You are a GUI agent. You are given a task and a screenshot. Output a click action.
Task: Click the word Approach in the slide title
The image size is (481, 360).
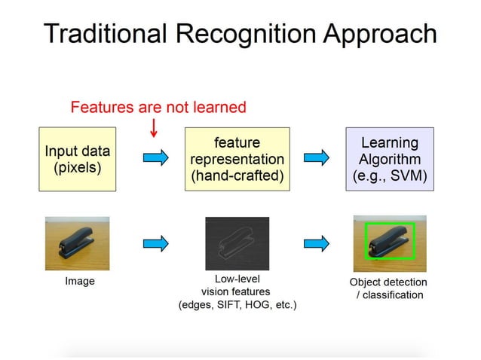point(377,34)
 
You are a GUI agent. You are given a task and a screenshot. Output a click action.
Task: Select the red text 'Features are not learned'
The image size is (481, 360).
point(158,107)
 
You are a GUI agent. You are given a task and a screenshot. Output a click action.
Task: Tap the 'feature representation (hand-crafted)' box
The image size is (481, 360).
point(237,159)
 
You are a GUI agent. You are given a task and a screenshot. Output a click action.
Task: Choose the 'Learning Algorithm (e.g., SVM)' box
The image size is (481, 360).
point(390,158)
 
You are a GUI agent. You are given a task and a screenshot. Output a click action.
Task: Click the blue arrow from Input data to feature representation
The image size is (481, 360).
point(155,157)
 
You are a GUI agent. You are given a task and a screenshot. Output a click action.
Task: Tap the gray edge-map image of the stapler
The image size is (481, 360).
point(237,243)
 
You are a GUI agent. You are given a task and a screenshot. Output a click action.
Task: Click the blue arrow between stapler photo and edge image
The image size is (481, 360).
point(155,243)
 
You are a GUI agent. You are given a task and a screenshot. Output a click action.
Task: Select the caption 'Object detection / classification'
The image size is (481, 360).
point(388,288)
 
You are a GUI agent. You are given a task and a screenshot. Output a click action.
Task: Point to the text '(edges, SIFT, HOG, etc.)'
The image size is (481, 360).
point(237,305)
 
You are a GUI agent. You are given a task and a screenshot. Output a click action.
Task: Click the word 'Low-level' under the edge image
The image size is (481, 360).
point(237,279)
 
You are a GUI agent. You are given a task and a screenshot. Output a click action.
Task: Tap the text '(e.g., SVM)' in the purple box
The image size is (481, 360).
point(390,177)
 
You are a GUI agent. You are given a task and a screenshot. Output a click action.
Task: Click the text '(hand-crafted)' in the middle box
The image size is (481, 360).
point(237,177)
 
